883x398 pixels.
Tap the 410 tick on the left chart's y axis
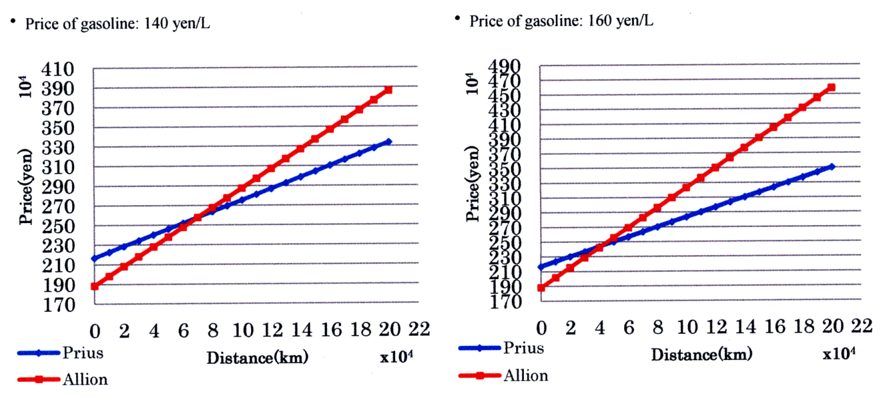58,69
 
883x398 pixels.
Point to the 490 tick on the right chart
503,67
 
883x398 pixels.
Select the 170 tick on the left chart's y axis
58,305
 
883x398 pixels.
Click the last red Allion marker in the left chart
388,90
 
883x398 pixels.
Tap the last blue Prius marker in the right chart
832,167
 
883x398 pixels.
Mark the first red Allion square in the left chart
95,286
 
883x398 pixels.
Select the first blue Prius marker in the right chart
541,267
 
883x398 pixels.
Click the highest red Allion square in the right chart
832,87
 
